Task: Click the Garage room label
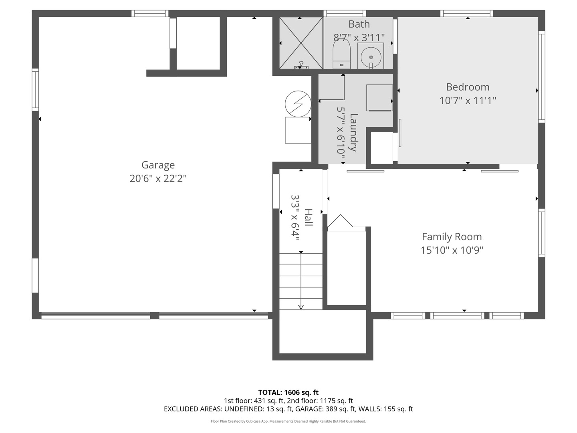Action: (x=158, y=165)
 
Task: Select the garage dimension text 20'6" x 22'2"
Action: (x=158, y=178)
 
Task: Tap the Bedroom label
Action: (x=468, y=87)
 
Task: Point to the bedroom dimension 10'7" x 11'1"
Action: (x=468, y=100)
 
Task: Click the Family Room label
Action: (x=452, y=237)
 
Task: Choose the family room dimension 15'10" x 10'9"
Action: (x=452, y=250)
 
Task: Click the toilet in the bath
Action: (x=341, y=55)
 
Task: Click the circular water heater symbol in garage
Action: (x=298, y=103)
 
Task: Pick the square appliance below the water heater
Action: (x=298, y=130)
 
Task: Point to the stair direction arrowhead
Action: (x=301, y=307)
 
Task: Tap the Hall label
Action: (x=308, y=217)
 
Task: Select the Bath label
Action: (x=359, y=24)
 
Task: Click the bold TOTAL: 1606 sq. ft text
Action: (x=288, y=392)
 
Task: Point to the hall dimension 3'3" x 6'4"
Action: (x=295, y=217)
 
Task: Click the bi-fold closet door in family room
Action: (x=340, y=221)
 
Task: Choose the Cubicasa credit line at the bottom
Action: (x=288, y=421)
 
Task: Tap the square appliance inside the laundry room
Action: (x=379, y=97)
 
